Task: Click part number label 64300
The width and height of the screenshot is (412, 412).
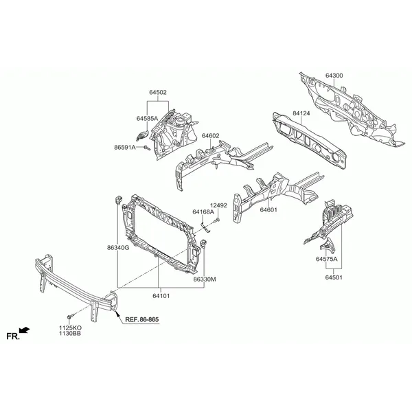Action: click(334, 76)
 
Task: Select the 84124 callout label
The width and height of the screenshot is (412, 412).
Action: click(301, 113)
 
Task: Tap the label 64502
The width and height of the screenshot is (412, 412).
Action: click(158, 92)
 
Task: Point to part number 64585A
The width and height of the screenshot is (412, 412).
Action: click(147, 119)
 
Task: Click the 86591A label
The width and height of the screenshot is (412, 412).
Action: click(125, 148)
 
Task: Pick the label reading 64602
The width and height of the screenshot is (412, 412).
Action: click(211, 136)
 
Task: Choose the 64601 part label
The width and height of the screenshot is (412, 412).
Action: click(268, 210)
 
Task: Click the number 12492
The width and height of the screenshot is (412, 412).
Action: click(218, 205)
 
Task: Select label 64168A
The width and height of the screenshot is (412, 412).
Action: click(203, 211)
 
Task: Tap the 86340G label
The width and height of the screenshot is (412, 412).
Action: click(118, 247)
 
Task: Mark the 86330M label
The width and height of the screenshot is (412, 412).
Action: click(205, 279)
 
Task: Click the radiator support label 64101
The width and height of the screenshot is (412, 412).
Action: click(161, 296)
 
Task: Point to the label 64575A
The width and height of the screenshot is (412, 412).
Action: click(327, 259)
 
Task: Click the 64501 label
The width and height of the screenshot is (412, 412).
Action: click(334, 277)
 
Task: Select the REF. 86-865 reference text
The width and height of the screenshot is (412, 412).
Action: click(142, 319)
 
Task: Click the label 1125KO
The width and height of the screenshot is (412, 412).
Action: click(70, 328)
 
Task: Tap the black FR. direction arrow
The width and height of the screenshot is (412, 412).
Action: click(25, 330)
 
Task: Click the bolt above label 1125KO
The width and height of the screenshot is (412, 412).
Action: click(71, 317)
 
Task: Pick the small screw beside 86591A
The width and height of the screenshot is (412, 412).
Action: click(147, 148)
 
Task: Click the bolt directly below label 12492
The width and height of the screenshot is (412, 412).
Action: click(218, 220)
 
